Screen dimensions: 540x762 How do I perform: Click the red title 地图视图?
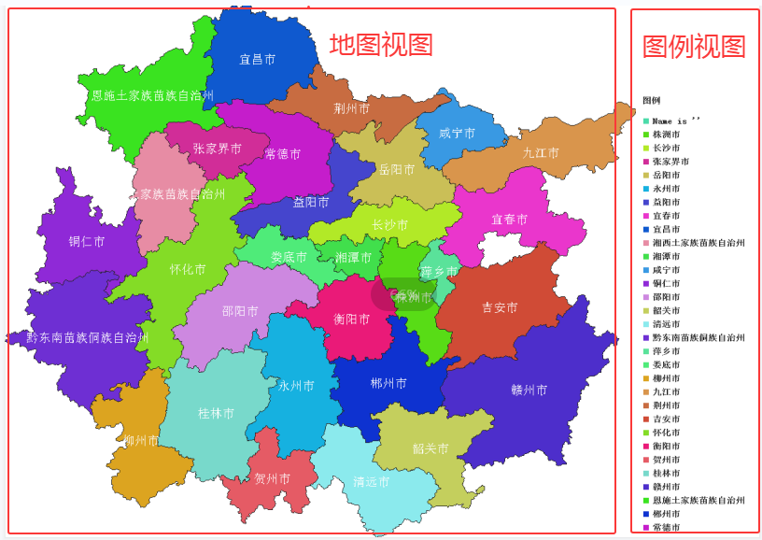(x=381, y=44)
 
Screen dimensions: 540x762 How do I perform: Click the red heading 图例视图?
(x=694, y=46)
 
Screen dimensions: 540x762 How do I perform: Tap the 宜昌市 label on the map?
(x=257, y=60)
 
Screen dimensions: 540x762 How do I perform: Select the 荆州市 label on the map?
(x=352, y=108)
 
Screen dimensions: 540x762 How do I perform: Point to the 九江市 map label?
(x=541, y=153)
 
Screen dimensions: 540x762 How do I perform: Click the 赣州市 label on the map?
(x=529, y=390)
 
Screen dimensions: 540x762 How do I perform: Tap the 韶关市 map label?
(x=430, y=448)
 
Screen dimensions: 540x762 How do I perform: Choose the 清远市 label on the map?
(x=371, y=482)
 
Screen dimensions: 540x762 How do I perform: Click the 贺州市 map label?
(x=273, y=478)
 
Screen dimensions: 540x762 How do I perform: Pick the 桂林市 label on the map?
(x=217, y=413)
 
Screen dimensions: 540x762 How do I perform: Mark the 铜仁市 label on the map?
(x=87, y=241)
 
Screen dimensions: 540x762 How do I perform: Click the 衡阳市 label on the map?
(x=352, y=319)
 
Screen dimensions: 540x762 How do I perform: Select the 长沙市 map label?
(x=389, y=225)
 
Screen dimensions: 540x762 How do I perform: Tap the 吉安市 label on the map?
(x=500, y=307)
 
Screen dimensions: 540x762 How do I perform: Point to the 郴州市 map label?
(x=388, y=383)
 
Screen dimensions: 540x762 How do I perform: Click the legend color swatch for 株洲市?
(x=646, y=135)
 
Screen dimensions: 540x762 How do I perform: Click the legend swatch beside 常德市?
(x=646, y=527)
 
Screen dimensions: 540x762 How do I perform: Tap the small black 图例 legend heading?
(x=651, y=100)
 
